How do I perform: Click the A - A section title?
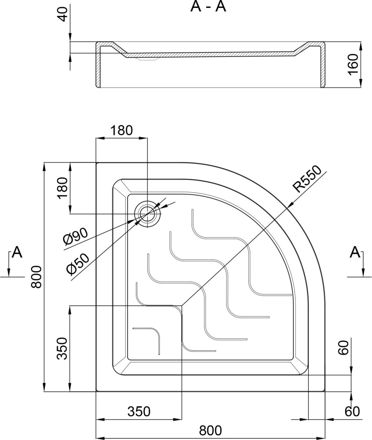coord(208,7)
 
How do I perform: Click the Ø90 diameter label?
coord(76,236)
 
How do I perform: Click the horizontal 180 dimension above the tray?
coord(121,131)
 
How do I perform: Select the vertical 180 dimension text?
coord(63,188)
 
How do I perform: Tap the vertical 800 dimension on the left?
coord(36,277)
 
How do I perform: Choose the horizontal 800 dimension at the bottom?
coord(210,430)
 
